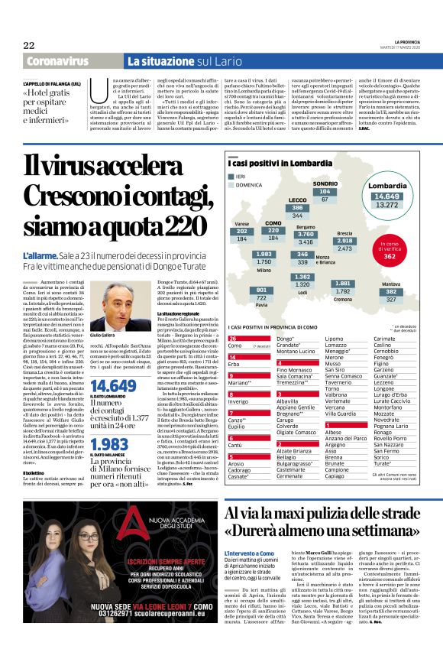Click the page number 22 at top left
click(x=30, y=45)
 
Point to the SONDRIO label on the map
click(x=325, y=184)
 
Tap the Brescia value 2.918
click(x=344, y=241)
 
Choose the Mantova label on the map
click(x=391, y=284)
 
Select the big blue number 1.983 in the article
click(x=109, y=444)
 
